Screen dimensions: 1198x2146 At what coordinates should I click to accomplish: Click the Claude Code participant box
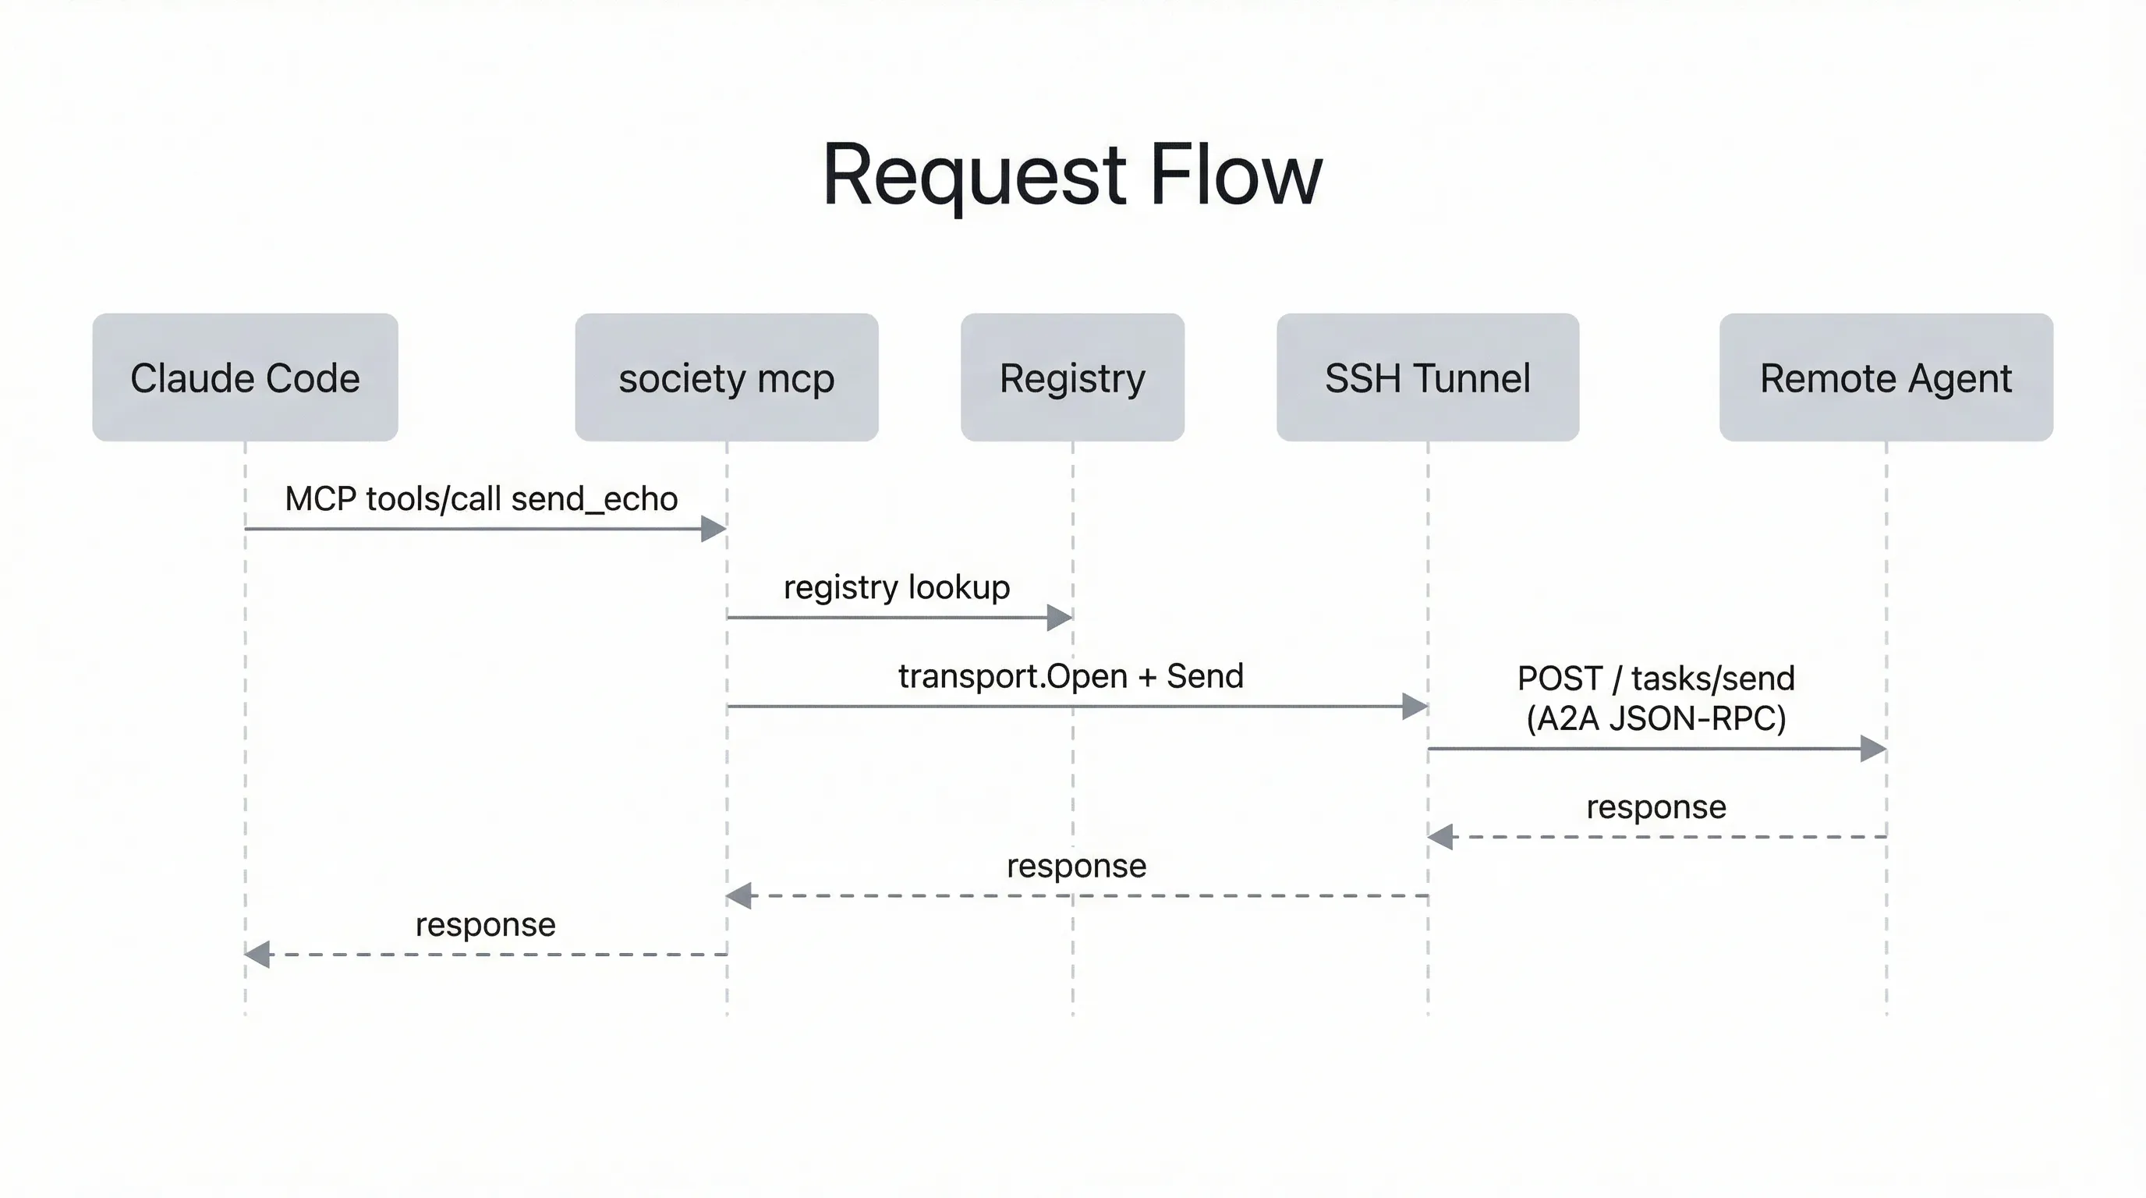(245, 377)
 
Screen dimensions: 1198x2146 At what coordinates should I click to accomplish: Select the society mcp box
(727, 377)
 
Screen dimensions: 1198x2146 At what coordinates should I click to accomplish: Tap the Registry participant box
(1072, 377)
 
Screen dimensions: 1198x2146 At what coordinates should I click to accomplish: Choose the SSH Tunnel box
(1427, 377)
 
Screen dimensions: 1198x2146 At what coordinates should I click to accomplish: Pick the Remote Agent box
(1886, 377)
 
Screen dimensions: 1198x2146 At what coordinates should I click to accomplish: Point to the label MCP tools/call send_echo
(480, 499)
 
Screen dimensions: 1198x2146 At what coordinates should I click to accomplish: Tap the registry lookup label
(897, 587)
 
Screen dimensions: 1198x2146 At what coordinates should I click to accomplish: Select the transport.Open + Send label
(1071, 675)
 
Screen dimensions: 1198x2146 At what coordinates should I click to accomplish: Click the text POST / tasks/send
(1656, 678)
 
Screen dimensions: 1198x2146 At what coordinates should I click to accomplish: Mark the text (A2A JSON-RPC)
(1656, 718)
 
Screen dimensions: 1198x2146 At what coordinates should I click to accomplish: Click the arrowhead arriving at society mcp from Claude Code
(715, 528)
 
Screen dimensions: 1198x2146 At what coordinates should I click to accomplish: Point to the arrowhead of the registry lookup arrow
(1060, 617)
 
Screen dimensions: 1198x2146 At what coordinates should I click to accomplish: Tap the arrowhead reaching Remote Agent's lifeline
(1874, 748)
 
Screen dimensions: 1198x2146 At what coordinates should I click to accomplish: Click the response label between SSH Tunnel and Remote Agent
(1656, 806)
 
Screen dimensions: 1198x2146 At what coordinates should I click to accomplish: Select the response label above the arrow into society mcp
(1076, 866)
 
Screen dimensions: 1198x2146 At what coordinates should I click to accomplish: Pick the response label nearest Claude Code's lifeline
(485, 925)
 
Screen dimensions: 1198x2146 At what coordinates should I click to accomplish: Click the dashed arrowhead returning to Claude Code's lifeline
(257, 955)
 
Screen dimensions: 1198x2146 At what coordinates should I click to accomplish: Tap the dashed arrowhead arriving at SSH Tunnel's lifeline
(1440, 836)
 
